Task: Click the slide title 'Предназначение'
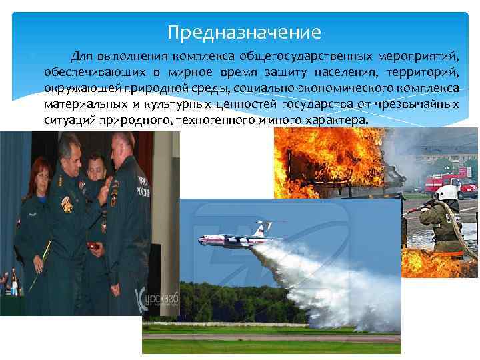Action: (x=244, y=31)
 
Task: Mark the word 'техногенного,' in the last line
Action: (x=213, y=121)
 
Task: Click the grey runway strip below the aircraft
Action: (x=267, y=337)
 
